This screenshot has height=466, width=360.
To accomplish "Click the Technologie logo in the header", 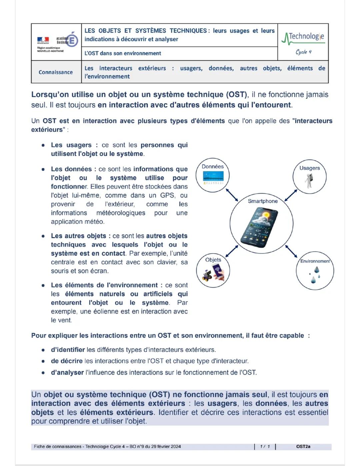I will point(303,37).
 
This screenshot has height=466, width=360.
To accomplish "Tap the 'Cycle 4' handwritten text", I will point(303,52).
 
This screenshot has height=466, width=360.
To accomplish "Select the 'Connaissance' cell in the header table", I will point(56,72).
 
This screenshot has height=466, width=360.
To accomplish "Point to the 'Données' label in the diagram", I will point(213,166).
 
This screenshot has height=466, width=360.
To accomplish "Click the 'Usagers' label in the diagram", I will point(309,168).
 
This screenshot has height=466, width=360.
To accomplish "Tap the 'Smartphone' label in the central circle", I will point(263,201).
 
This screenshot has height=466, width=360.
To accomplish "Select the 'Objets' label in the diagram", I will point(213,260).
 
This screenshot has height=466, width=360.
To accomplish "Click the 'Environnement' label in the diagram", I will point(315,261).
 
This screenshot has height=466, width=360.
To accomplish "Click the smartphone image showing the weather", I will point(262,227).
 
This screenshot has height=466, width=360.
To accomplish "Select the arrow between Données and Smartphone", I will point(232,195).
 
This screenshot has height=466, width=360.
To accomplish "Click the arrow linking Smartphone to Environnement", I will point(291,252).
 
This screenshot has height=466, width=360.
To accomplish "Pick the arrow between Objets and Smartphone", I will point(232,251).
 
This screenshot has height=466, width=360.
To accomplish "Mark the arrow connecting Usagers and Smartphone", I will point(291,195).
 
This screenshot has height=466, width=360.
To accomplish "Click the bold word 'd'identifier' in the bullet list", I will point(68,350).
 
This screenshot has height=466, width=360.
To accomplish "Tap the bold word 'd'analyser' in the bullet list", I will point(67,372).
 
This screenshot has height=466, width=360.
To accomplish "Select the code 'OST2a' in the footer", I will point(303,446).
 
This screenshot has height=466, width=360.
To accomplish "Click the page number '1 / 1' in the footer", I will point(265,446).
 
